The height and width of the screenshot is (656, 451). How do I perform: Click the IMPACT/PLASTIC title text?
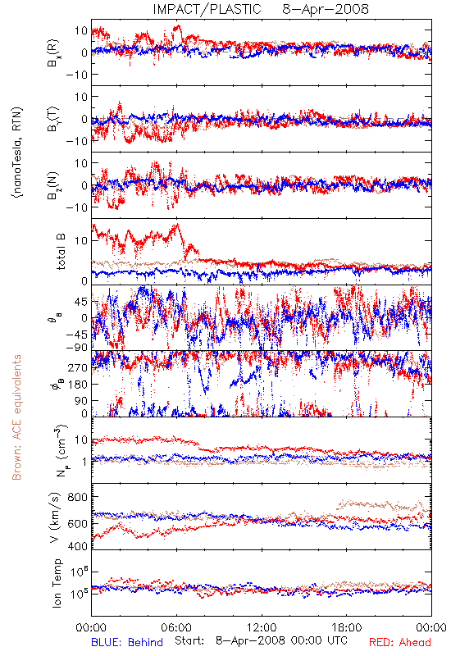click(207, 9)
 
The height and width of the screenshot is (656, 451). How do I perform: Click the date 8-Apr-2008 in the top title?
click(326, 9)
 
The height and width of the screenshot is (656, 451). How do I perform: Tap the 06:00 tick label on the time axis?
click(176, 627)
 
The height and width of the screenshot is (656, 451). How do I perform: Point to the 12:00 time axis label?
click(262, 627)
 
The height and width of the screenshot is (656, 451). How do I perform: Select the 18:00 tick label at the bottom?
click(346, 627)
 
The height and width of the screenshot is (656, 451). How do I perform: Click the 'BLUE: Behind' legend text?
click(127, 642)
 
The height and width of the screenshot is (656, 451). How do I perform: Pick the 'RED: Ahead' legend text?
click(400, 642)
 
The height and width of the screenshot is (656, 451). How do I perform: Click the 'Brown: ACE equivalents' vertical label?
click(16, 417)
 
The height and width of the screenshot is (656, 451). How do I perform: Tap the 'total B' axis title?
click(61, 252)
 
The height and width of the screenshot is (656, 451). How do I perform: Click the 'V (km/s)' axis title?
click(55, 517)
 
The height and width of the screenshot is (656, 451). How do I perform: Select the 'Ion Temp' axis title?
click(57, 583)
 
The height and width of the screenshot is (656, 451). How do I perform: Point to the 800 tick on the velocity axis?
click(78, 497)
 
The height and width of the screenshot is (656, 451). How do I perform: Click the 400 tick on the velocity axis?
click(78, 545)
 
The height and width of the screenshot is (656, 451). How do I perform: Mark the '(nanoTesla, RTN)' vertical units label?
click(17, 153)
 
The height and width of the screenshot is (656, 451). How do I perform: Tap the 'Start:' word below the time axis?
click(189, 640)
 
